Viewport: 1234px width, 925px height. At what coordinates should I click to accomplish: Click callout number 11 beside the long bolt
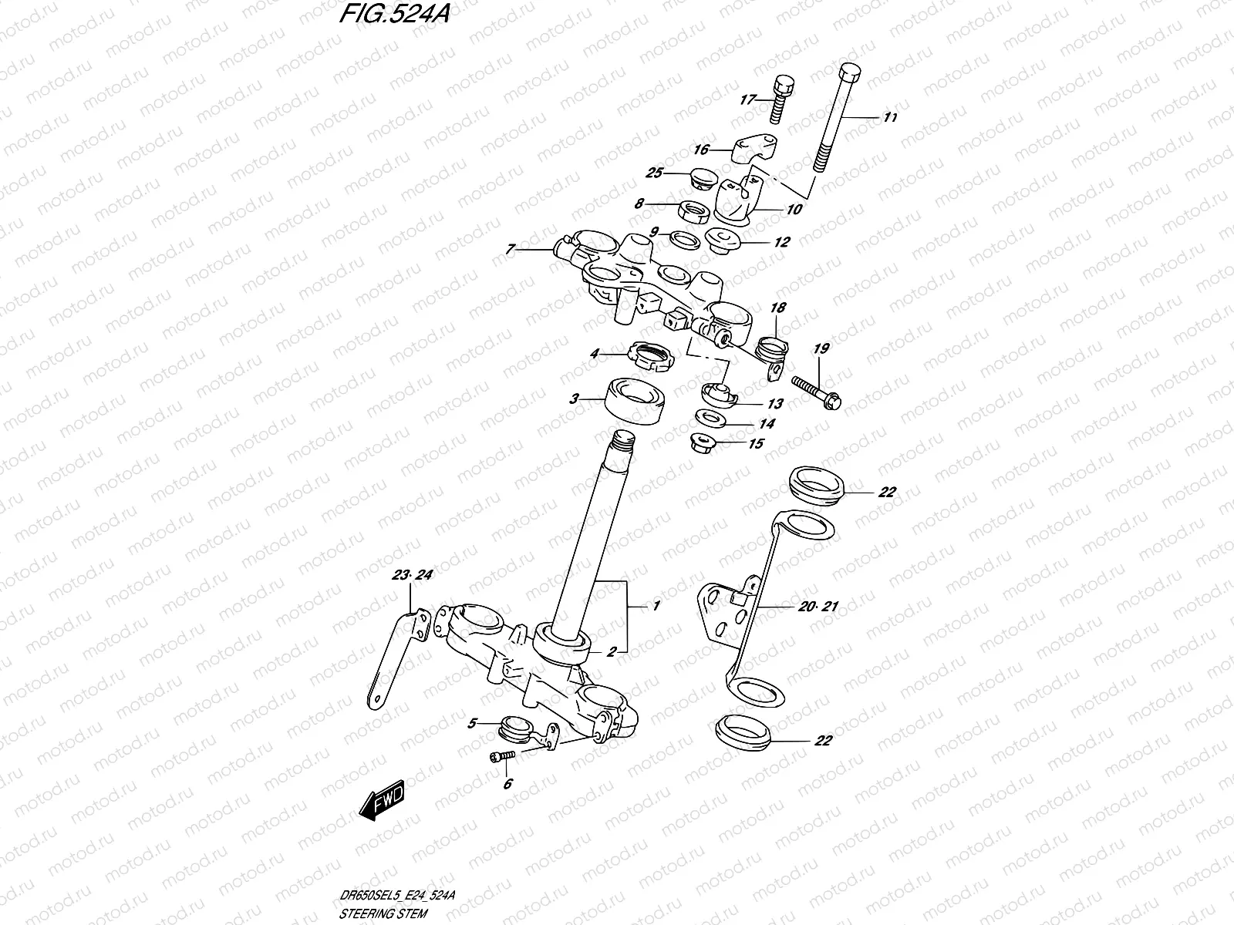(x=890, y=118)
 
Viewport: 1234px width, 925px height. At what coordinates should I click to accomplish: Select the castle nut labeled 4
(x=653, y=357)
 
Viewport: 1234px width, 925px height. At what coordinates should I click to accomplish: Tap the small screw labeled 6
(x=499, y=758)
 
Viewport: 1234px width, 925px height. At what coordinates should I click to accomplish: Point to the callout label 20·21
(x=818, y=607)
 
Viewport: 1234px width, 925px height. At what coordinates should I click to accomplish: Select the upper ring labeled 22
(x=818, y=487)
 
